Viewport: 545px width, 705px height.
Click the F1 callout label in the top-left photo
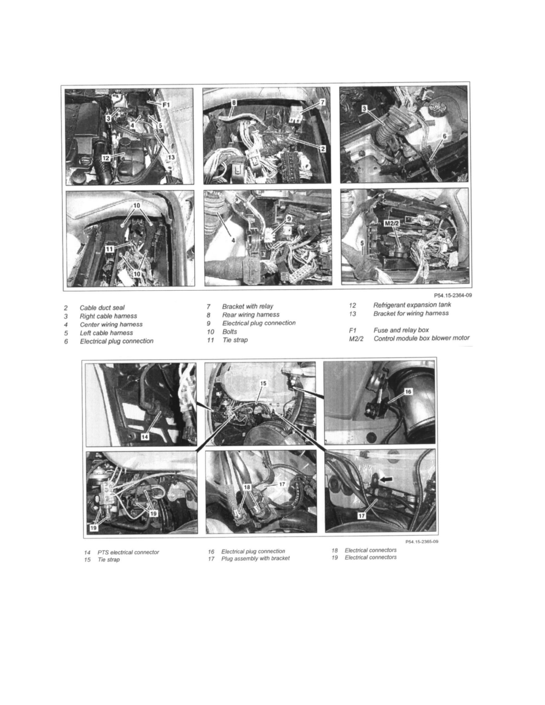166,105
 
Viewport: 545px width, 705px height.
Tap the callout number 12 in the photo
106,157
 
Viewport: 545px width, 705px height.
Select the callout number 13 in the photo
171,157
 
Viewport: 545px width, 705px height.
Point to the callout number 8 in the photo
234,103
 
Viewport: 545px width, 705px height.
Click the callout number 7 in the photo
322,102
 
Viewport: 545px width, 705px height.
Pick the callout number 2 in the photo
322,149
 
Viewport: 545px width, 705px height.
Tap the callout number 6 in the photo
444,136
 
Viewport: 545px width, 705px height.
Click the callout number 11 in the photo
110,249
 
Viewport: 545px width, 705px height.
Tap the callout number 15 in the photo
264,383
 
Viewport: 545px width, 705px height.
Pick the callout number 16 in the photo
408,392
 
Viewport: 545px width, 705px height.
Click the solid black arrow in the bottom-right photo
385,479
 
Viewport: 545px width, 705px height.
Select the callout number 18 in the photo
247,487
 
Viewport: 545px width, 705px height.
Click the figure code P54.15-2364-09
453,296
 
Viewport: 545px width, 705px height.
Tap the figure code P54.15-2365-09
422,542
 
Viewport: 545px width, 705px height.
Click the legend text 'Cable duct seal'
102,307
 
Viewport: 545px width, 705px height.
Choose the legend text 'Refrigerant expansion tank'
412,305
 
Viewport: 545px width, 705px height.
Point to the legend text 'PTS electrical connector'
128,552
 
